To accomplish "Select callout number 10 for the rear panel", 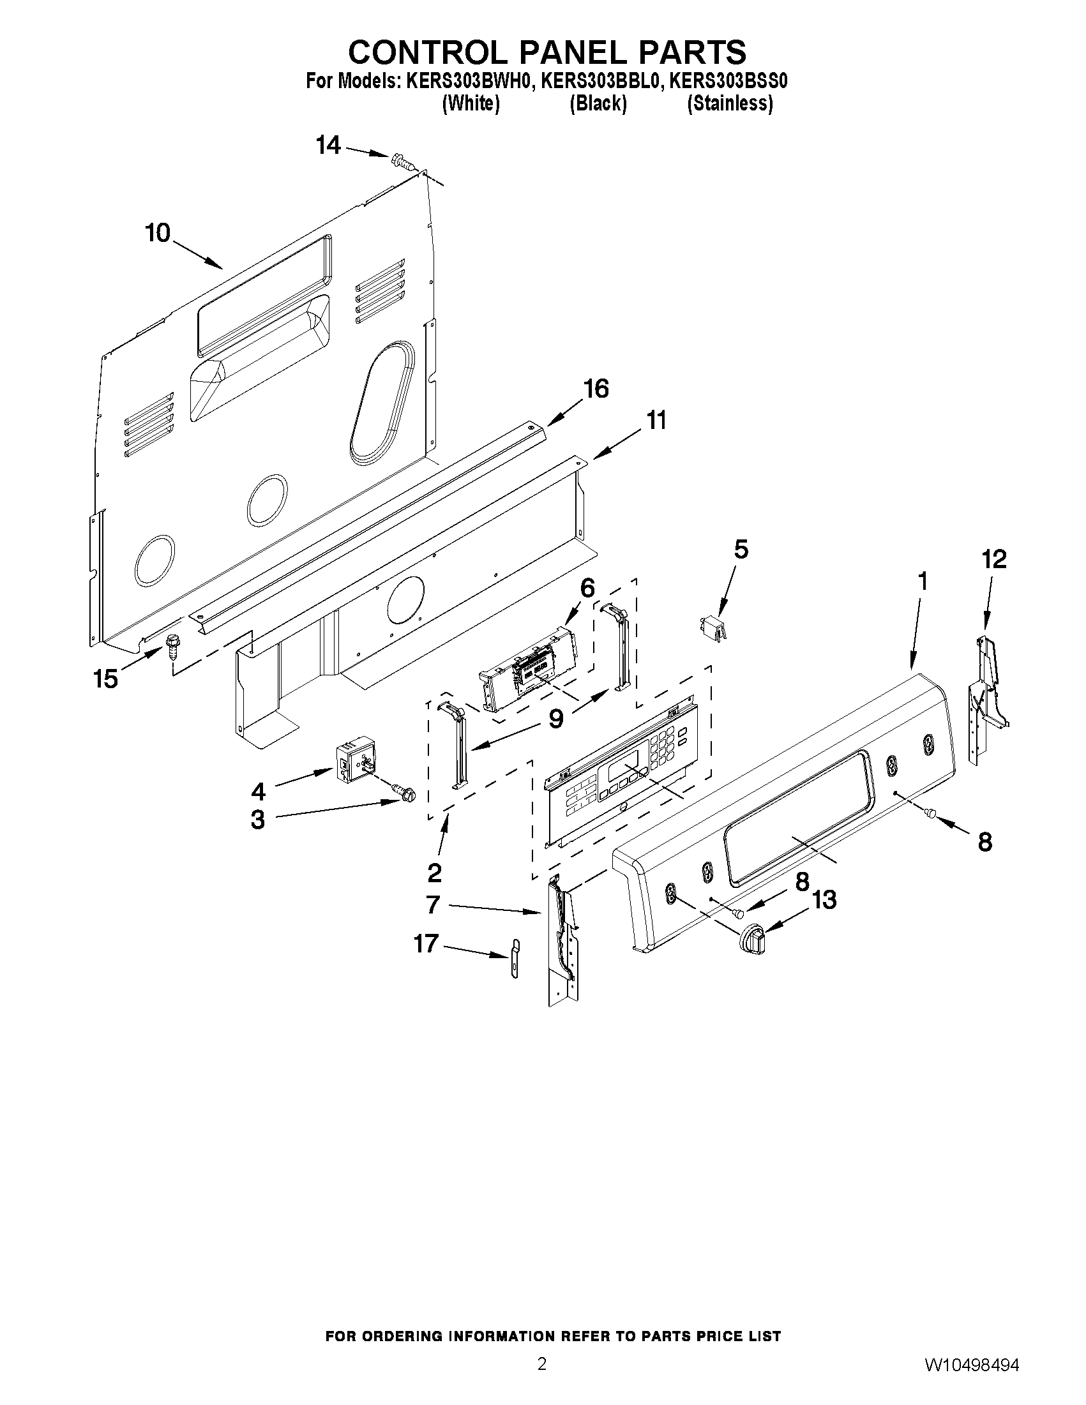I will (158, 233).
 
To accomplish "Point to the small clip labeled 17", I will (515, 959).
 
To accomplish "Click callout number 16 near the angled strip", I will (596, 389).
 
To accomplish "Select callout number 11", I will (656, 421).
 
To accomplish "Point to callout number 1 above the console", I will (922, 582).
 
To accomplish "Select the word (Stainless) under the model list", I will (730, 103).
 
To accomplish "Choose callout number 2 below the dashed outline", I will (434, 873).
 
